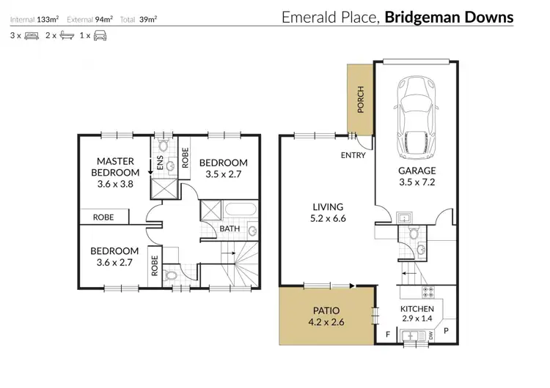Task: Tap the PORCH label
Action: (360, 100)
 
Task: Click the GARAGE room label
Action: (417, 171)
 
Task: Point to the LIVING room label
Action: (327, 207)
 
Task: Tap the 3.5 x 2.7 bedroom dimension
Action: (223, 175)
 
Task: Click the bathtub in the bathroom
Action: (240, 210)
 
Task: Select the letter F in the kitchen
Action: (387, 336)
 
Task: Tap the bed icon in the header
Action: (31, 34)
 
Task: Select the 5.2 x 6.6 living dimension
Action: (327, 218)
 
